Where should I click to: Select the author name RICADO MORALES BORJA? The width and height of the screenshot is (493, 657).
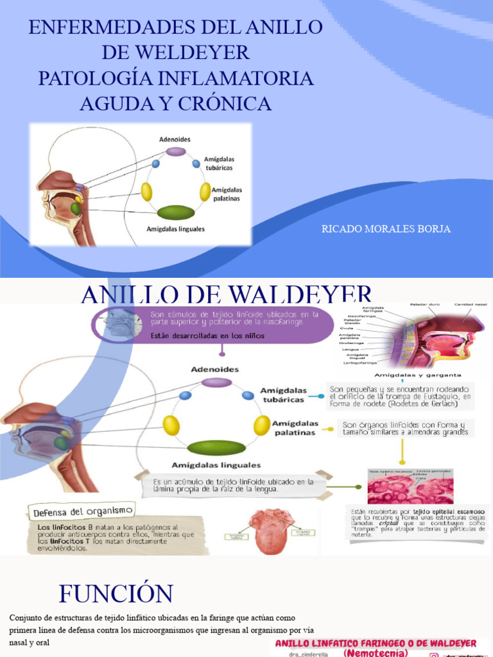[386, 229]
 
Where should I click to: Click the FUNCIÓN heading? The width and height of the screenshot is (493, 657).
[116, 593]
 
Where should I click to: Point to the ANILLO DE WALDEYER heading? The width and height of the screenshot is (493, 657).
[227, 295]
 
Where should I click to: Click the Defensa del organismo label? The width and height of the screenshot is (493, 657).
[82, 511]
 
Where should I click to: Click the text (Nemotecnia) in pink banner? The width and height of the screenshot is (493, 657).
[376, 653]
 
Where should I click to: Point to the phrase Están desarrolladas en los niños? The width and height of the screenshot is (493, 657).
[198, 336]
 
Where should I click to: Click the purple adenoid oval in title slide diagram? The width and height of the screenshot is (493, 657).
[175, 152]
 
